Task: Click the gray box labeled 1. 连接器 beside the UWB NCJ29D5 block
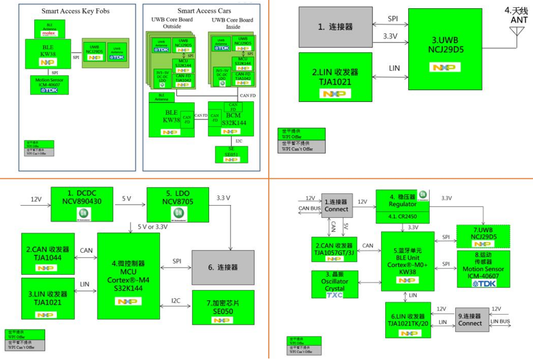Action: pos(335,27)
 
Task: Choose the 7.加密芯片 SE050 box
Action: pos(223,307)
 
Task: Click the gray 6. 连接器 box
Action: pos(223,267)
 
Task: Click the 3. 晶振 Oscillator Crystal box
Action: pos(335,284)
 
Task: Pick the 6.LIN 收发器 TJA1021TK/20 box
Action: pos(408,320)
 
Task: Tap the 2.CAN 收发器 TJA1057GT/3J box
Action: pos(335,249)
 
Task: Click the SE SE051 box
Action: pos(232,154)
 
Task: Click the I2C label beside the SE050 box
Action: pos(175,300)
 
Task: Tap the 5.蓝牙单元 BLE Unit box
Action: pos(408,263)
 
